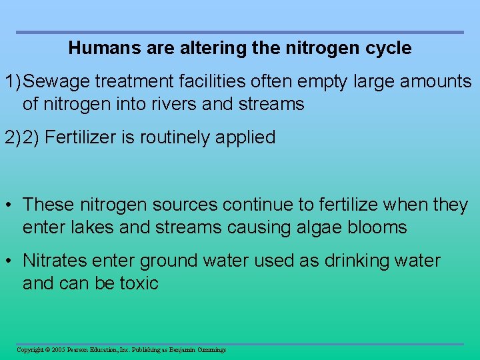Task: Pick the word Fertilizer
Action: tap(83, 137)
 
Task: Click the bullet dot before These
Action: tap(10, 205)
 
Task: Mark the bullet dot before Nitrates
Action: tap(10, 261)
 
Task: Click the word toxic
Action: tap(139, 283)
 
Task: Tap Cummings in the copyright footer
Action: tap(210, 350)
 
